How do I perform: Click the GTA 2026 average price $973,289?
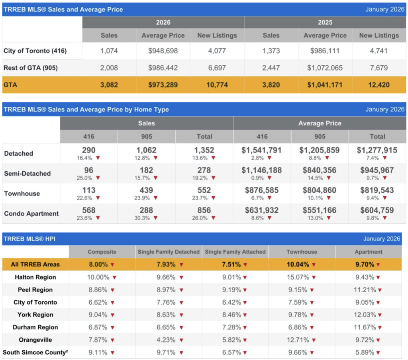pyautogui.click(x=163, y=85)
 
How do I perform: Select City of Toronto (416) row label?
pyautogui.click(x=35, y=51)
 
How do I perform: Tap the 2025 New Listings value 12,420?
pyautogui.click(x=379, y=85)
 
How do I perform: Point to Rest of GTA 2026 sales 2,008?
pyautogui.click(x=109, y=68)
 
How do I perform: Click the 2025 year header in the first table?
pyautogui.click(x=325, y=22)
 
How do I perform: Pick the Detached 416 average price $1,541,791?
pyautogui.click(x=262, y=150)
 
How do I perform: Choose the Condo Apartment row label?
pyautogui.click(x=31, y=213)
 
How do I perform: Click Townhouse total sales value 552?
pyautogui.click(x=204, y=190)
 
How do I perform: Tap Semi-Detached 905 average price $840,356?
pyautogui.click(x=320, y=170)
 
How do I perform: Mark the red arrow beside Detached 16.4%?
pyautogui.click(x=98, y=158)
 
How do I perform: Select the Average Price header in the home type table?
pyautogui.click(x=320, y=123)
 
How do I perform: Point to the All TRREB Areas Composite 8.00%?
pyautogui.click(x=98, y=264)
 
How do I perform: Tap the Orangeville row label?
pyautogui.click(x=35, y=340)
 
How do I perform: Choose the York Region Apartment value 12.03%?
pyautogui.click(x=365, y=315)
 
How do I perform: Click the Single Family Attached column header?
pyautogui.click(x=235, y=252)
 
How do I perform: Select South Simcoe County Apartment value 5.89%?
pyautogui.click(x=365, y=352)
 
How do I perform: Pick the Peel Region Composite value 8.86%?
pyautogui.click(x=98, y=290)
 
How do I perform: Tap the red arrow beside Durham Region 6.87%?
pyautogui.click(x=112, y=328)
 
